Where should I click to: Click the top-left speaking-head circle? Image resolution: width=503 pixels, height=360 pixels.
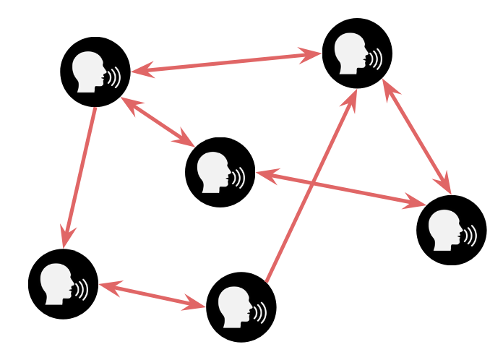95,72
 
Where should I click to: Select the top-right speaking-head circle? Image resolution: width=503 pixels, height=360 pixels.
357,53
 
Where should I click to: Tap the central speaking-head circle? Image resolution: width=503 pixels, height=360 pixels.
220,172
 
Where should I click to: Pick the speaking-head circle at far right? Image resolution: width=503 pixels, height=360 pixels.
452,230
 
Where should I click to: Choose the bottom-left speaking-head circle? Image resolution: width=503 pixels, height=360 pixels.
63,284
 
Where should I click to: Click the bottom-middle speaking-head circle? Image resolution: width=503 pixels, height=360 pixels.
241,307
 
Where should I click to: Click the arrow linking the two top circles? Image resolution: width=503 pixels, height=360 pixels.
226,62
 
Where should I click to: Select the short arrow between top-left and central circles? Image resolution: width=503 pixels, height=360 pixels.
158,121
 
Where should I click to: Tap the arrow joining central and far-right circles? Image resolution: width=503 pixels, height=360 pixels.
340,188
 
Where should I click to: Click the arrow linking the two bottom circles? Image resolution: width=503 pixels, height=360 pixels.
152,295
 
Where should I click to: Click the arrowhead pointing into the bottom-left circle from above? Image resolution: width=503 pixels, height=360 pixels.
68,236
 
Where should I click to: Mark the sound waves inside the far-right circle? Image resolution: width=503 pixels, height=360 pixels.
470,234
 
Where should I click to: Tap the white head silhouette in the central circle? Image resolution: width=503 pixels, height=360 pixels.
214,172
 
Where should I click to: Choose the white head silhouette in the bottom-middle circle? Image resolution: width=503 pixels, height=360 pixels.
235,307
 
